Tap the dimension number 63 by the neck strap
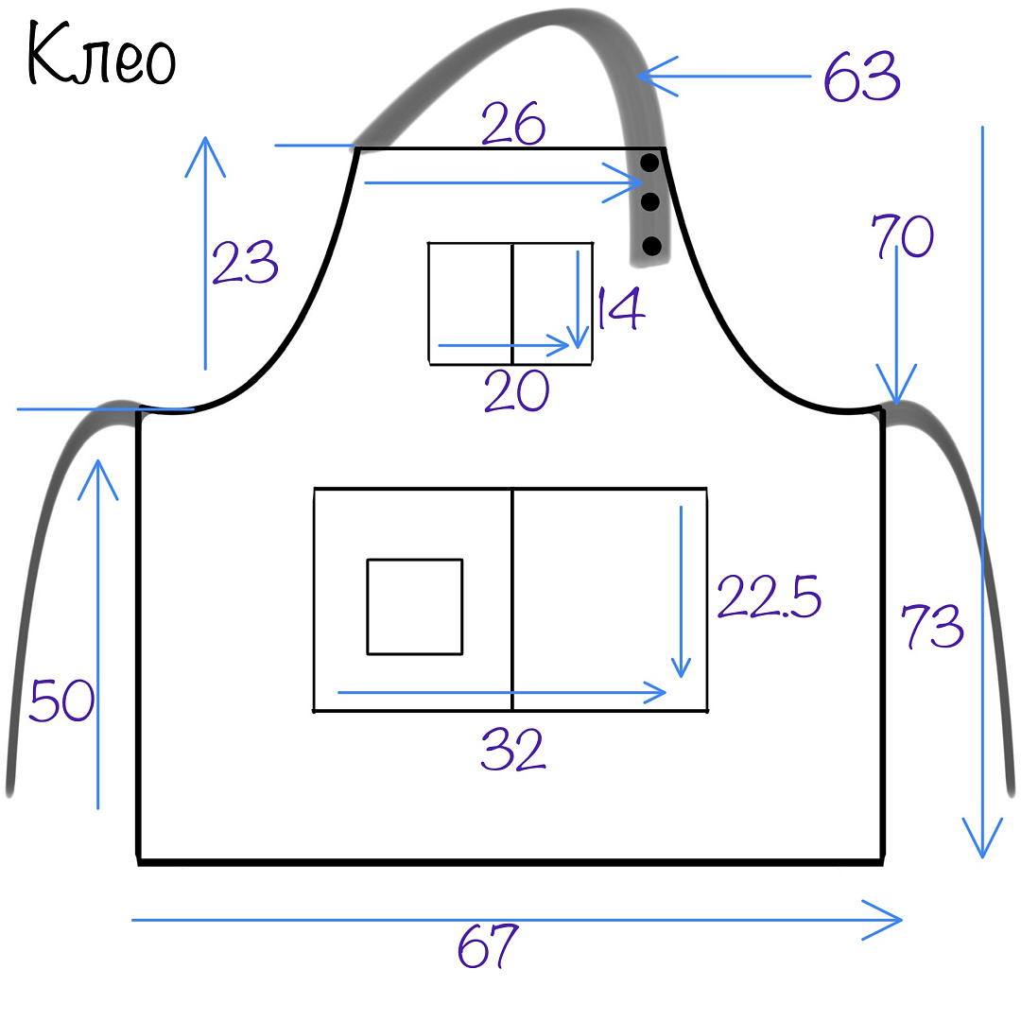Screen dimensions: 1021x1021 [862, 77]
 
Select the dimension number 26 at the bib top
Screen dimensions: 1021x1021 [513, 123]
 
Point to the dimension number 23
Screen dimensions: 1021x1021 [245, 262]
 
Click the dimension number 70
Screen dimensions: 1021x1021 [903, 235]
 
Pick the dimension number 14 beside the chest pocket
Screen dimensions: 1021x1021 [620, 308]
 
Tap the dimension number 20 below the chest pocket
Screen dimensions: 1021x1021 [516, 390]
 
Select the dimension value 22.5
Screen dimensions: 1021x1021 [769, 596]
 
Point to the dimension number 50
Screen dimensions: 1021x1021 [61, 700]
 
